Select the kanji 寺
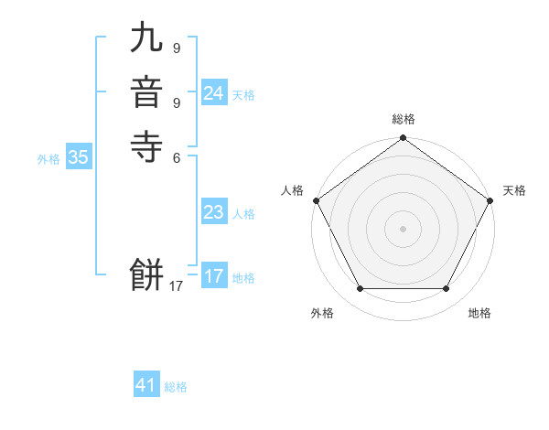click(x=147, y=145)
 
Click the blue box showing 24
click(x=214, y=93)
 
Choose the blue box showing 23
click(x=214, y=212)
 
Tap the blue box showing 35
click(x=79, y=157)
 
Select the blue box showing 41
click(x=146, y=385)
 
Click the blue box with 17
click(x=214, y=276)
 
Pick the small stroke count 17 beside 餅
click(x=176, y=286)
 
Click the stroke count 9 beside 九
click(x=176, y=48)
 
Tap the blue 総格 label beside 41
click(x=176, y=387)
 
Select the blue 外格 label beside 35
click(x=48, y=159)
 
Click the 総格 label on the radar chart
click(x=404, y=119)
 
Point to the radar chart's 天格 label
click(x=514, y=190)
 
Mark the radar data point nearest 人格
click(x=316, y=200)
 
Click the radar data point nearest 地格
click(x=447, y=289)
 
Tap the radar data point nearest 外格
click(x=360, y=289)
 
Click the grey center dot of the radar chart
click(x=404, y=229)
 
